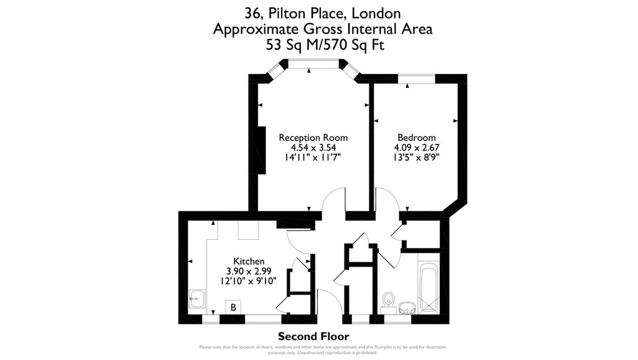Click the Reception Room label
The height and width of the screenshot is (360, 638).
pos(313,138)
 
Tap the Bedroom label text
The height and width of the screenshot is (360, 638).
pos(416,138)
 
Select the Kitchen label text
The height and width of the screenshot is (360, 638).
pos(249,261)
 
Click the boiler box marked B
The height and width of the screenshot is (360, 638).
pos(233,308)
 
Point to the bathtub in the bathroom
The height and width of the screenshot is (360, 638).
pos(429,288)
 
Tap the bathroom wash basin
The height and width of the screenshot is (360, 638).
pos(407,308)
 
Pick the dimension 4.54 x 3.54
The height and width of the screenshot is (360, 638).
pos(313,148)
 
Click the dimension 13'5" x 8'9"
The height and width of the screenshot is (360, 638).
pos(416,158)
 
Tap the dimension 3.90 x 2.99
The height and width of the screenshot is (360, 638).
pos(249,271)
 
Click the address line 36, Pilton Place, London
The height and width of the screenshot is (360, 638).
pos(322,12)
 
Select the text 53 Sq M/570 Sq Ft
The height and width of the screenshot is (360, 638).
pos(322,44)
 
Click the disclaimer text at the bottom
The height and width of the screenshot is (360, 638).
pos(322,349)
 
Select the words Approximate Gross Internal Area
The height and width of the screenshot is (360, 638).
pos(322,29)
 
